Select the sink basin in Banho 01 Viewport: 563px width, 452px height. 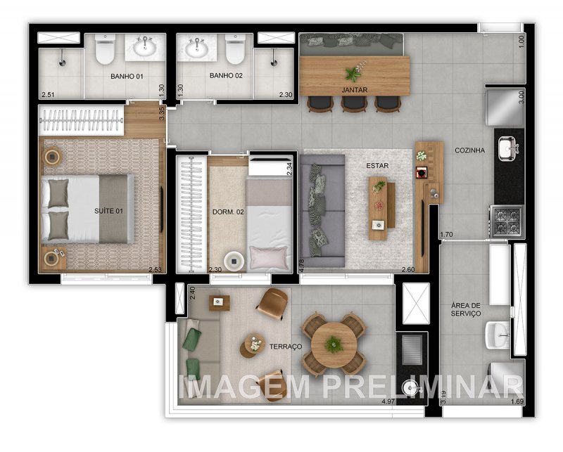click(146, 48)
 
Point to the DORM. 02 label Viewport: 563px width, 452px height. click(227, 211)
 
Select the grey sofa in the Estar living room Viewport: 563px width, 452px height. click(322, 210)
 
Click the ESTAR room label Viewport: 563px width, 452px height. click(377, 166)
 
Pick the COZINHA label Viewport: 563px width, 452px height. click(469, 150)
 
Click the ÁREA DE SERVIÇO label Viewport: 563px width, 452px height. click(466, 309)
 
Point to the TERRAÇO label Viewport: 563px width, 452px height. click(285, 347)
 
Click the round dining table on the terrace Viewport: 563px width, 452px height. click(334, 344)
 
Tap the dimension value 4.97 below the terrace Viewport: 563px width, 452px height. click(387, 401)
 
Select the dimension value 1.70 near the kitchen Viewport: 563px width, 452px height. click(446, 234)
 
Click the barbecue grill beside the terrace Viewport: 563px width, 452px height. click(412, 350)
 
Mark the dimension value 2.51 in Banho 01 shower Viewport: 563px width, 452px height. click(48, 94)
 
